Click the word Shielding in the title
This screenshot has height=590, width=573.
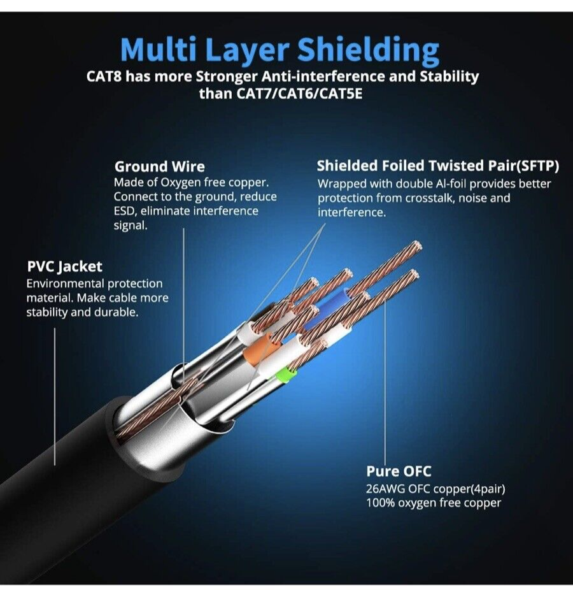pyautogui.click(x=369, y=49)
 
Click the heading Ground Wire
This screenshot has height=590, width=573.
pyautogui.click(x=160, y=167)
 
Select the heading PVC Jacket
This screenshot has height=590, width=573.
pyautogui.click(x=64, y=266)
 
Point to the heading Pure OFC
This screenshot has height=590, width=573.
pyautogui.click(x=399, y=471)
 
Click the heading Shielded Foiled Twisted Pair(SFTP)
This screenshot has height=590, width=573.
pyautogui.click(x=438, y=166)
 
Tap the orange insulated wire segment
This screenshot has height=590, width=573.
pyautogui.click(x=260, y=352)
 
